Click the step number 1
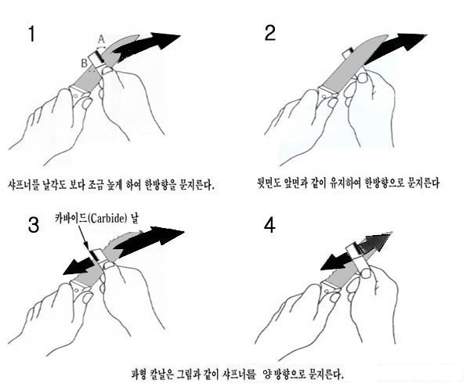(31, 34)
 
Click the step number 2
(270, 33)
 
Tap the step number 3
(33, 225)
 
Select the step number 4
(269, 226)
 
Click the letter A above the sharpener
(101, 39)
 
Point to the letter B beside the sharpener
(85, 63)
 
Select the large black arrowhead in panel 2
(411, 41)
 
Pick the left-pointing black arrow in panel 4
(336, 262)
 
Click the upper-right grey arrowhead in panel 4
(376, 241)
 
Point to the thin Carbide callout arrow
(83, 237)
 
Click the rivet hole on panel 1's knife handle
(76, 96)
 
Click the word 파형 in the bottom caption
(139, 375)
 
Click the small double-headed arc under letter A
(101, 47)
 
